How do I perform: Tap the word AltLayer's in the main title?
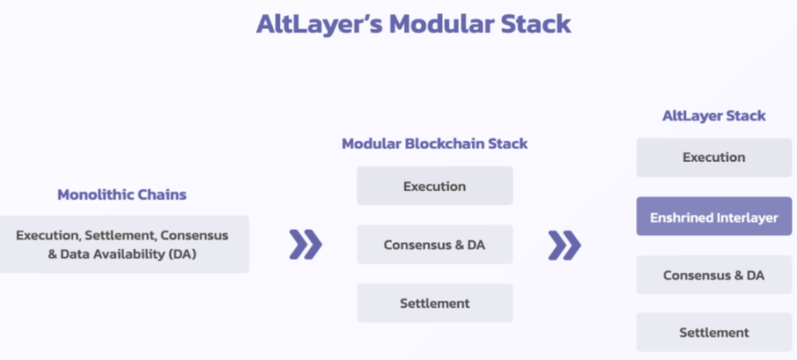[319, 25]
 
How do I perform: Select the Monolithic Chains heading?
[122, 194]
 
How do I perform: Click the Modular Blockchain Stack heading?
[435, 144]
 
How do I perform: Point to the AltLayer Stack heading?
[713, 116]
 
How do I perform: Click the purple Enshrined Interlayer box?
[714, 216]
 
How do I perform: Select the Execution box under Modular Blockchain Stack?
[435, 186]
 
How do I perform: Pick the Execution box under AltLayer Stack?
[714, 157]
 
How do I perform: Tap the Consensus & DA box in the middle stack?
[435, 244]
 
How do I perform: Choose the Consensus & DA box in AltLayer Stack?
[714, 275]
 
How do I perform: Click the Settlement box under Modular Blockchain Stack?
[435, 303]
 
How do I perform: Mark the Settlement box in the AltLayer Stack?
[714, 333]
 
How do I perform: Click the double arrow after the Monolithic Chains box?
[306, 244]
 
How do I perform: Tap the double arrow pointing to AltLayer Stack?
[564, 245]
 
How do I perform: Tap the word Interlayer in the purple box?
[747, 218]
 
